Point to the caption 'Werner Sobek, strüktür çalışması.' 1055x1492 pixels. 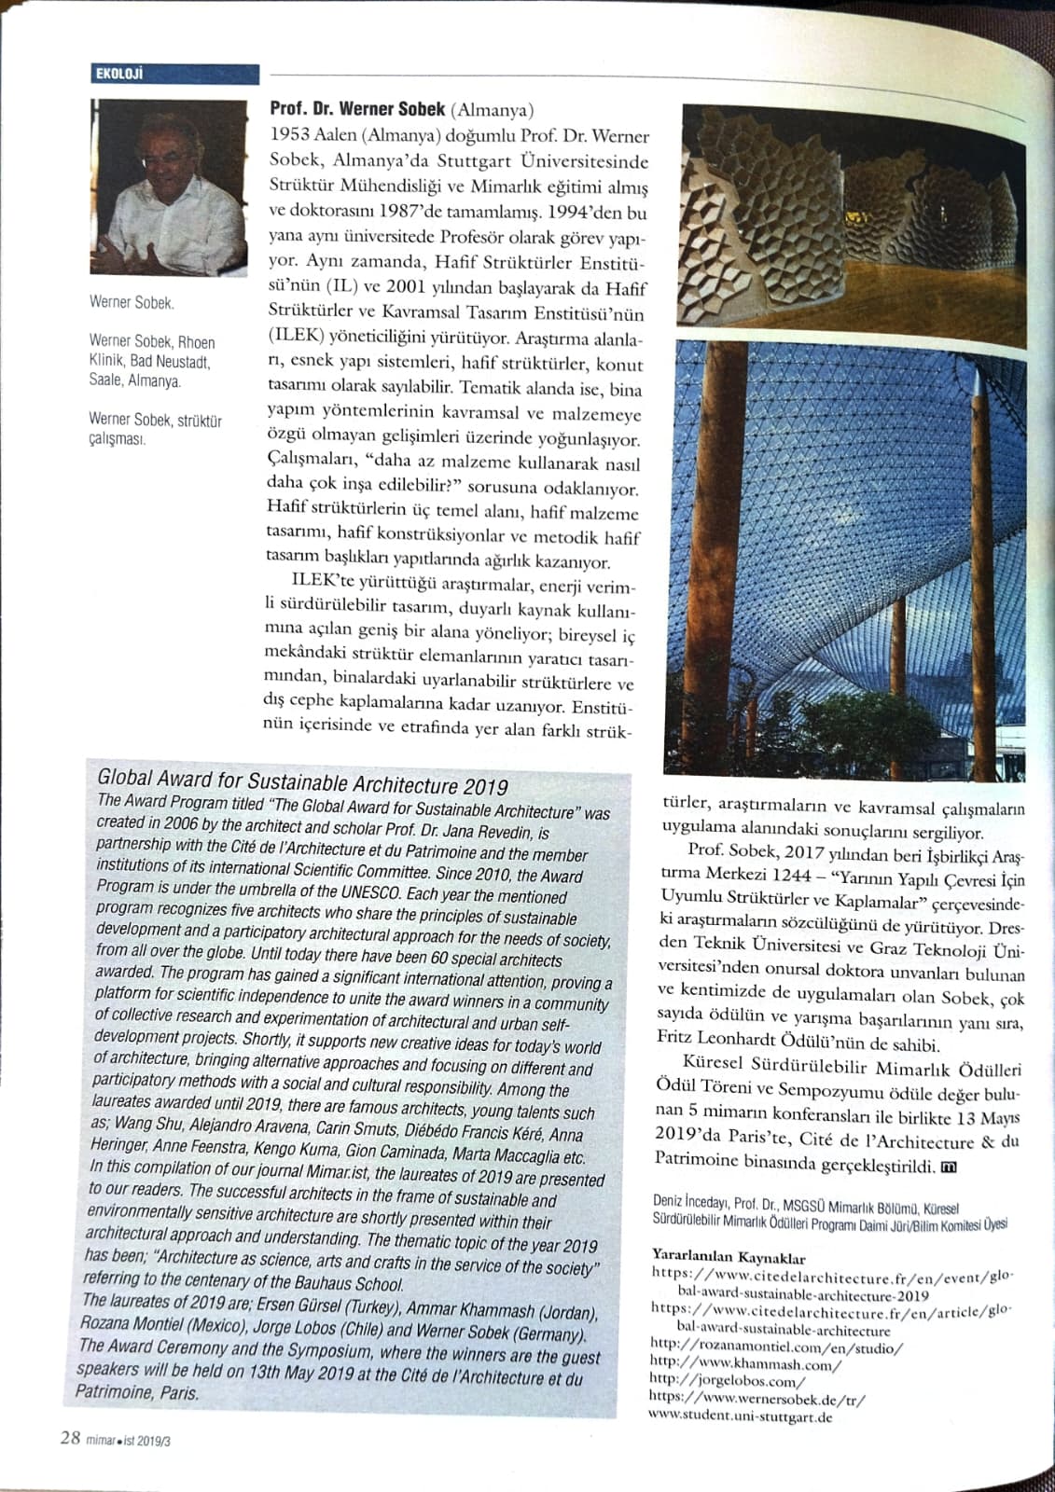tap(155, 429)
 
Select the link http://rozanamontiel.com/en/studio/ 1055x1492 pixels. tap(776, 1347)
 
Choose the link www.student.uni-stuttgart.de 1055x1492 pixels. tap(740, 1416)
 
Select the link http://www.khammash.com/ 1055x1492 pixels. tap(745, 1364)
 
